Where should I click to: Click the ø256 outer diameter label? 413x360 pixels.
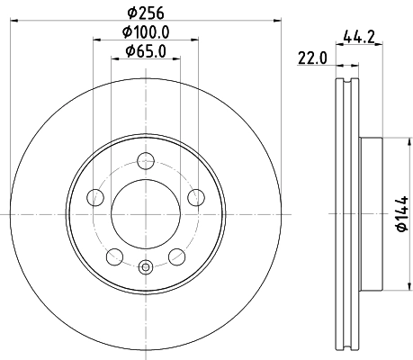147,14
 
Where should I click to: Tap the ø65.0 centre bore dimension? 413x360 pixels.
146,51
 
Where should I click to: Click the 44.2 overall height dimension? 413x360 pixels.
359,38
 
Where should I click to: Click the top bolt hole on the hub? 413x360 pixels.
146,162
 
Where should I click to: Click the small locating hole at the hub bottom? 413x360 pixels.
146,266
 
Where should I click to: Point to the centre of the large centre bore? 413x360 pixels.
146,215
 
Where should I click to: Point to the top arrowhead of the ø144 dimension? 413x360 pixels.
391,140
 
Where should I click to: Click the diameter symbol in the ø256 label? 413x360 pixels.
132,14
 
